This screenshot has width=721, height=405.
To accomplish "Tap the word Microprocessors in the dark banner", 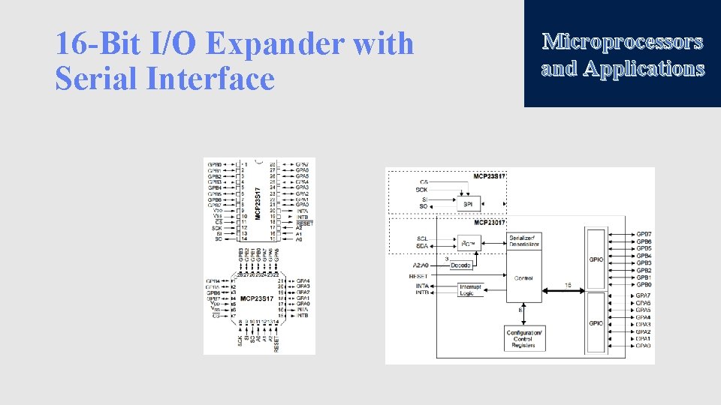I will (x=623, y=41).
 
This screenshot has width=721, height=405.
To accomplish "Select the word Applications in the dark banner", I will (x=644, y=69).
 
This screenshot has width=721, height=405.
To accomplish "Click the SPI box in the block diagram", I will (x=467, y=203).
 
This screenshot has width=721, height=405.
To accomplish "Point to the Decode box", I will (x=461, y=265).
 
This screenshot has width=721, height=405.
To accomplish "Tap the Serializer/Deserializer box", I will (x=523, y=241).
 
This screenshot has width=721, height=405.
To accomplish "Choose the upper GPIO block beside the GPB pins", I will (x=596, y=259).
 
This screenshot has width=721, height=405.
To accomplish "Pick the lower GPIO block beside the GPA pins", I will (x=596, y=322).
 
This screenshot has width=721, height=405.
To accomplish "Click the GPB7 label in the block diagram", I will (x=644, y=235).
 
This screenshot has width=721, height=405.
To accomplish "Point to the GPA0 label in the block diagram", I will (x=644, y=346).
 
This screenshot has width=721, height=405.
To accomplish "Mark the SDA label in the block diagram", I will (x=423, y=247).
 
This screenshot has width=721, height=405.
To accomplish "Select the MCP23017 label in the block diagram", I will (x=490, y=223).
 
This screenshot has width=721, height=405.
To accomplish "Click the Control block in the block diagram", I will (x=523, y=278).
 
